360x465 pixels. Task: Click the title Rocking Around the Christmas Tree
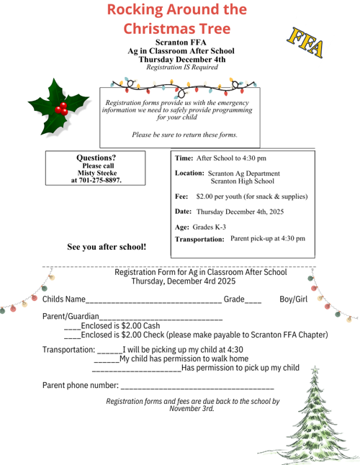[x=177, y=19]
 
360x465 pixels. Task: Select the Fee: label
[x=181, y=197]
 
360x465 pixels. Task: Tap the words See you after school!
[x=107, y=247]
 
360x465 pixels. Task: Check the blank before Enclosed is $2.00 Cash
[x=71, y=328]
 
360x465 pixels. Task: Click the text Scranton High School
[x=243, y=182]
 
